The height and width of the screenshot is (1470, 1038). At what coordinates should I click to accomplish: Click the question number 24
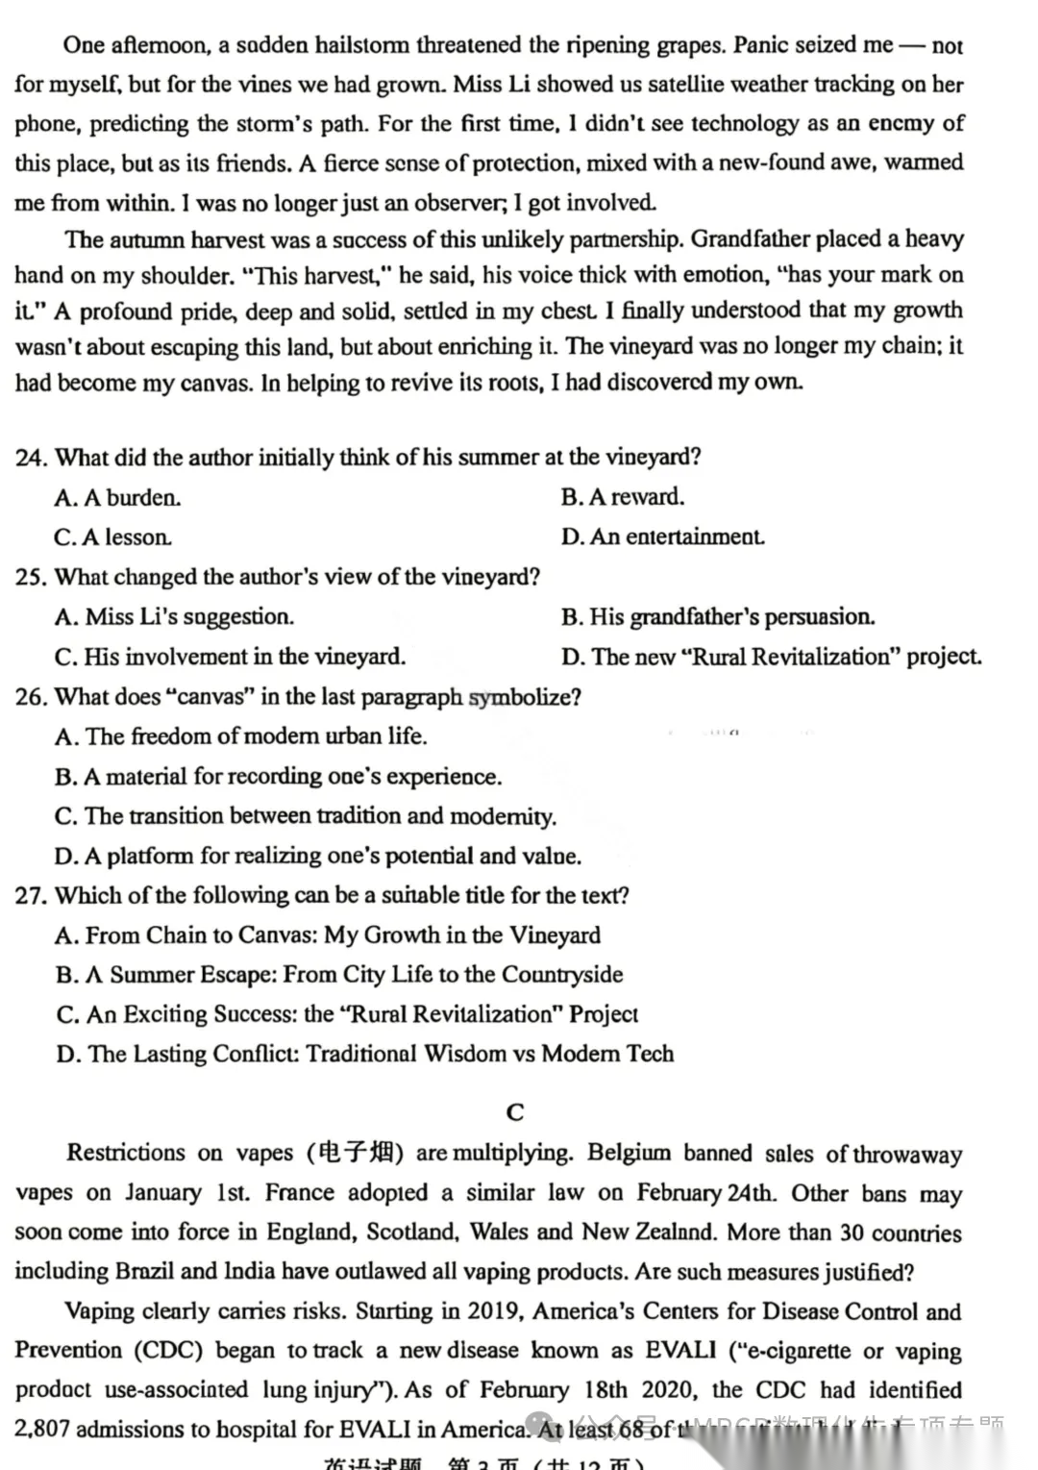31,458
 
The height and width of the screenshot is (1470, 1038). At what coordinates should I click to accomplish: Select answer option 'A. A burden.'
117,498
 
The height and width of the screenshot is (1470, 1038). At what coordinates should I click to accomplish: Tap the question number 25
31,578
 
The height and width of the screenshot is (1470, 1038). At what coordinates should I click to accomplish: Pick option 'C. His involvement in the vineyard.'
230,658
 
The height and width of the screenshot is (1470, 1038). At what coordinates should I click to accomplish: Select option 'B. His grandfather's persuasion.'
718,617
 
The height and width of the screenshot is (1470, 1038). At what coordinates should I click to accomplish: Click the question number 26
31,697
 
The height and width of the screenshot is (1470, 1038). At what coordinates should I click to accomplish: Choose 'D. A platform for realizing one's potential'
318,856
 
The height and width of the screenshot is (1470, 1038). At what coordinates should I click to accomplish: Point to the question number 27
31,896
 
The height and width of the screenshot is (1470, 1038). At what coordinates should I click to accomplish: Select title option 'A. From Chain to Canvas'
328,935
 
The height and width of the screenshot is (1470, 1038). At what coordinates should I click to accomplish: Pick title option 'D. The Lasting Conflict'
365,1055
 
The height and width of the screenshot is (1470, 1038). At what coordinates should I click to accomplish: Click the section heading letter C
515,1112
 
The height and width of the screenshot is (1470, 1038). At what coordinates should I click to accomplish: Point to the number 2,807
42,1430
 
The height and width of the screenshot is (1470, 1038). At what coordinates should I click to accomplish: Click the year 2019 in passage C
493,1311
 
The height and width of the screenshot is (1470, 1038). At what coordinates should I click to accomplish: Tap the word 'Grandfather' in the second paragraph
754,239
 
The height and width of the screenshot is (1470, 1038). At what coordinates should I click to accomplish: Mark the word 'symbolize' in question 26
524,697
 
